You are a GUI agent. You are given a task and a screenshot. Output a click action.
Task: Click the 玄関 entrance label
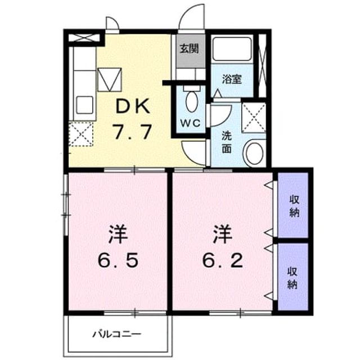189,49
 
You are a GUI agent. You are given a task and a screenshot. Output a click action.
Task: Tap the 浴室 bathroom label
232,79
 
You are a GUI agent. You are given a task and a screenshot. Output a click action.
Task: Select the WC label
190,123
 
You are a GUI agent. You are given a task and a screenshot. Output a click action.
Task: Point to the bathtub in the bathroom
232,49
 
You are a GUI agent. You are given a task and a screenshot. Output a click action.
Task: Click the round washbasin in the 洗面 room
254,154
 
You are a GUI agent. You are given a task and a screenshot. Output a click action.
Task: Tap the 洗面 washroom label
226,142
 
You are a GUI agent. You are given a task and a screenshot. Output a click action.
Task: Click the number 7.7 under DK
133,132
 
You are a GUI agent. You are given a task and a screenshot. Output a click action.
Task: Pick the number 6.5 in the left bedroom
118,260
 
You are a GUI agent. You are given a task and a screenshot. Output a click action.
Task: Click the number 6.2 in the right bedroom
222,260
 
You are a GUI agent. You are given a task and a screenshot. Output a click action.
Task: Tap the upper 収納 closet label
294,206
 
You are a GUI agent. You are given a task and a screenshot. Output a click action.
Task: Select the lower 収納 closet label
292,278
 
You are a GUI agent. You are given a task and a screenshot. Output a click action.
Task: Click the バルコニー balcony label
116,334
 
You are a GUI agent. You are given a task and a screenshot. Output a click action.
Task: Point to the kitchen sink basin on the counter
84,105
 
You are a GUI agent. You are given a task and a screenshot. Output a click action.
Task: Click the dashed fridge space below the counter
81,134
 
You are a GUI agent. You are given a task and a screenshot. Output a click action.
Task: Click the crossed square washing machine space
254,118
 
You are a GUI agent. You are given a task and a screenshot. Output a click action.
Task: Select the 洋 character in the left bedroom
118,235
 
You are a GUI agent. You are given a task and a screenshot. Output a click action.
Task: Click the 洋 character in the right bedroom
222,235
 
